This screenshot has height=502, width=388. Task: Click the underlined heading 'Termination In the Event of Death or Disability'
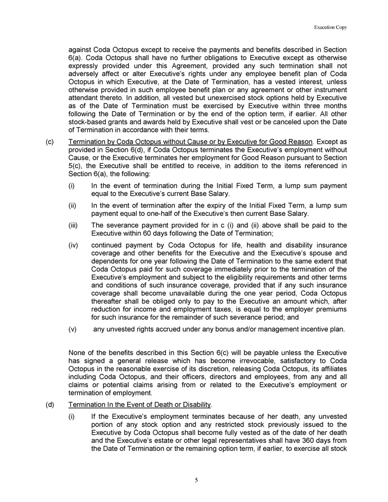139,404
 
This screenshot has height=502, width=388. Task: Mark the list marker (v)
73,329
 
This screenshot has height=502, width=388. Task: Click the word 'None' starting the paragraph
77,352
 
